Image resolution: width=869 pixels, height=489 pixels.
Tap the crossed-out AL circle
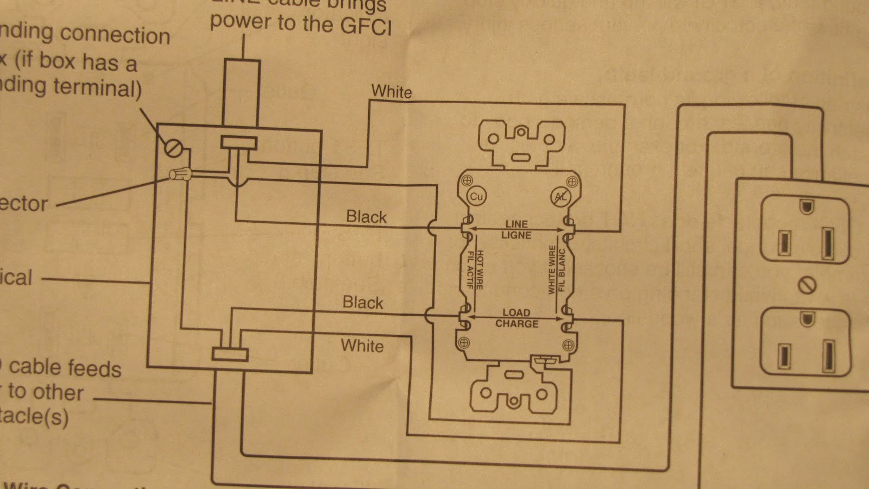[559, 198]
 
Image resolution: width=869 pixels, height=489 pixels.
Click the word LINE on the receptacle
[516, 224]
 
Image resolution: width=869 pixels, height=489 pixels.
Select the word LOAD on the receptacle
[516, 313]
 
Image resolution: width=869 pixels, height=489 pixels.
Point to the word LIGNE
[516, 235]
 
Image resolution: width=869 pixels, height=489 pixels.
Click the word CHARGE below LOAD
[517, 324]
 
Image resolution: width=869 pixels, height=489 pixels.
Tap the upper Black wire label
[366, 217]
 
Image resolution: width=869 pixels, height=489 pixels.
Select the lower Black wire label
[363, 303]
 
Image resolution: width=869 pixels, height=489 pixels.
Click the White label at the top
[391, 91]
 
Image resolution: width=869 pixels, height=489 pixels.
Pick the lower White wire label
[362, 346]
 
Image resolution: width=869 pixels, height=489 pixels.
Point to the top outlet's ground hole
[806, 208]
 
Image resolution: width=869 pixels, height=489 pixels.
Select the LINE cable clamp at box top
[238, 143]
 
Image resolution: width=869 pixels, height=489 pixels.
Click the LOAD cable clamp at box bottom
[230, 354]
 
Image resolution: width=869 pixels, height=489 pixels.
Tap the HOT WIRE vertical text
[480, 269]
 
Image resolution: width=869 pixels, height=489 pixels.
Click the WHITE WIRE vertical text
[552, 270]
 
